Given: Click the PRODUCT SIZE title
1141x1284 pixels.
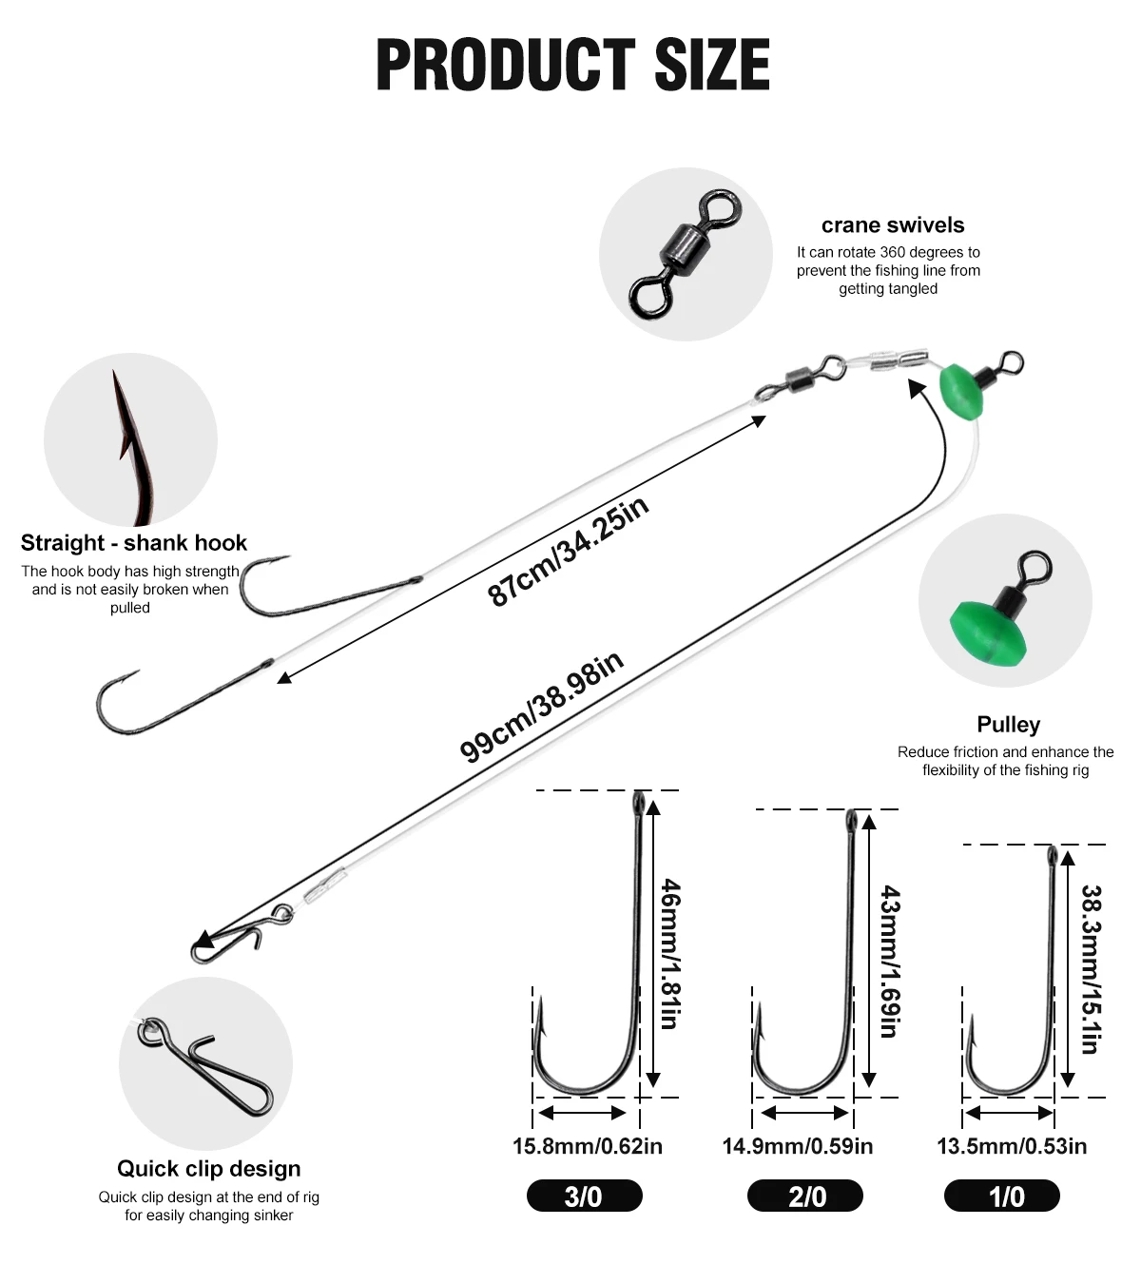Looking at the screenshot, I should click(x=572, y=65).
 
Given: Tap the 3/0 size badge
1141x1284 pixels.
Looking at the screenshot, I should click(x=584, y=1196).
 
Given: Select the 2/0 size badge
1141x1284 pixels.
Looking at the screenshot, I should click(x=805, y=1196).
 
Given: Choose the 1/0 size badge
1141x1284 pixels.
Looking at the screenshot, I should click(x=1001, y=1196).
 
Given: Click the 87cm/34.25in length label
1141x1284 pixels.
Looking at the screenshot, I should click(x=568, y=551).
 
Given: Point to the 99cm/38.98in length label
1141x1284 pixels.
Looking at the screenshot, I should click(x=541, y=707).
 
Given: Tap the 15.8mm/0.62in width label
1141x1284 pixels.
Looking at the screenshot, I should click(x=587, y=1146).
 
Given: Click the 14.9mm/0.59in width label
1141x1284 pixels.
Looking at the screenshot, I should click(x=798, y=1146).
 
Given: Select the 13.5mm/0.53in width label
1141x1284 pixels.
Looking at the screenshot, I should click(x=1012, y=1146).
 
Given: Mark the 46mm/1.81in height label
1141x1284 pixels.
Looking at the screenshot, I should click(x=670, y=953).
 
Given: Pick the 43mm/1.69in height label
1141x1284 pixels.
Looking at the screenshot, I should click(x=889, y=961).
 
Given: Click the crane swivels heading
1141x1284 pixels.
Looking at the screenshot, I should click(x=893, y=225).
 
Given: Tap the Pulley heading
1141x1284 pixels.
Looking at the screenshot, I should click(x=1008, y=725).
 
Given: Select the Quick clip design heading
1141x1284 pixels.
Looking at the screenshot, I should click(x=209, y=1169).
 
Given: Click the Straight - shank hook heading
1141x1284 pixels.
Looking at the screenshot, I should click(x=134, y=543).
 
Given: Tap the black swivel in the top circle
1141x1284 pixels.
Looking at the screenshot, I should click(x=685, y=253).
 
